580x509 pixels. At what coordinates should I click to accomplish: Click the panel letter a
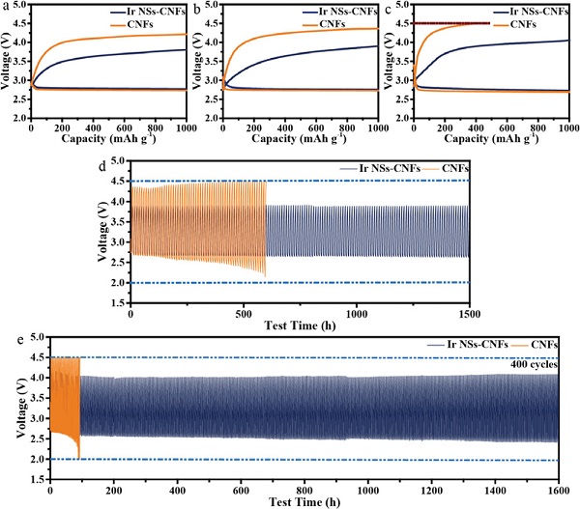(x=8, y=8)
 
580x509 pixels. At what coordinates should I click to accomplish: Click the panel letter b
(x=198, y=8)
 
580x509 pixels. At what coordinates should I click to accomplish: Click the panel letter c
(x=390, y=8)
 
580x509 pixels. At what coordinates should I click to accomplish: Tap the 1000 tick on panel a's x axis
(x=182, y=127)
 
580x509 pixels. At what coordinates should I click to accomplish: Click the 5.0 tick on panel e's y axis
(x=37, y=338)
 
